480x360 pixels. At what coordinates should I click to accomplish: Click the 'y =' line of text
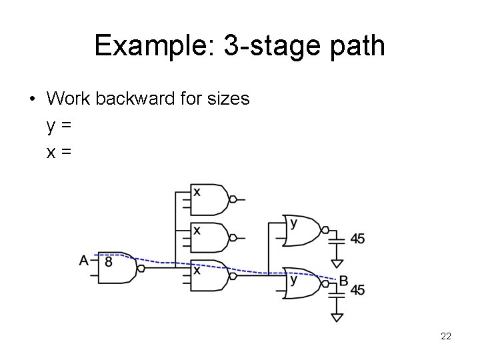59,125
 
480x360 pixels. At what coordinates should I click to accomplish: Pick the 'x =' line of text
59,152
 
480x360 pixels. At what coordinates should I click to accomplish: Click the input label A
84,260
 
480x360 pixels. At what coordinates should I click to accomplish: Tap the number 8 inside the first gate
108,262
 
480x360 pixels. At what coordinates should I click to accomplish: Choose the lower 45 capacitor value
357,289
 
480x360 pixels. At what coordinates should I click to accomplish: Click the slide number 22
446,337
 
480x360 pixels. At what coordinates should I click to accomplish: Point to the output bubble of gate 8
141,268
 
